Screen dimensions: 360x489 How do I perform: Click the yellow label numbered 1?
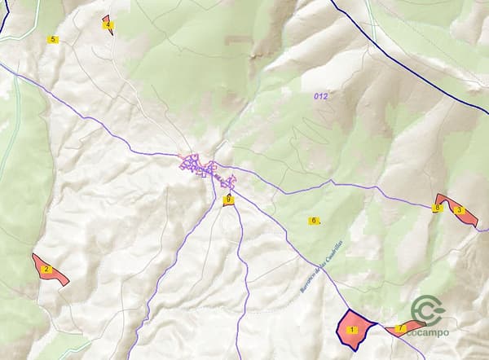pyautogui.click(x=353, y=330)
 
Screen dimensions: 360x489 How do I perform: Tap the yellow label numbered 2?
pyautogui.click(x=46, y=269)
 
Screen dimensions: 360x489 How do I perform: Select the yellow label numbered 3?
pyautogui.click(x=460, y=210)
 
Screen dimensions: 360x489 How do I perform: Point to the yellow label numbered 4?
pyautogui.click(x=108, y=24)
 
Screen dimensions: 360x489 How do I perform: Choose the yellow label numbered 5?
pyautogui.click(x=53, y=39)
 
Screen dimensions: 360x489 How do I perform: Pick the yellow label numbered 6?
pyautogui.click(x=313, y=221)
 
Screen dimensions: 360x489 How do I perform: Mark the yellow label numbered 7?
pyautogui.click(x=399, y=328)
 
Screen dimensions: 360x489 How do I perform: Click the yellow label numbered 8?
pyautogui.click(x=438, y=209)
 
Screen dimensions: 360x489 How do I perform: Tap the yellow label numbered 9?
pyautogui.click(x=229, y=199)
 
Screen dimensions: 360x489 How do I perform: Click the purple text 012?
pyautogui.click(x=320, y=96)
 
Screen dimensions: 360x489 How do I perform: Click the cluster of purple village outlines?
pyautogui.click(x=207, y=171)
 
